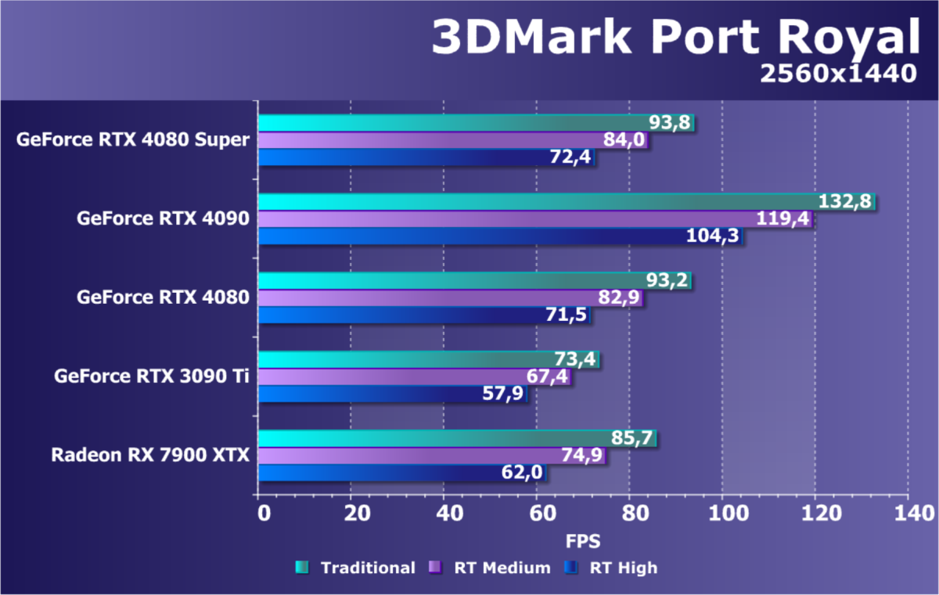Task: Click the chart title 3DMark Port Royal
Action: coord(675,37)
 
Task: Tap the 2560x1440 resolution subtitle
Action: coord(836,73)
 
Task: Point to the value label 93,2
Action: coord(667,280)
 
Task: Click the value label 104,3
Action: coord(713,236)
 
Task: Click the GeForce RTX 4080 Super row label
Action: coord(132,140)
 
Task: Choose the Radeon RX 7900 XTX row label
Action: coord(150,455)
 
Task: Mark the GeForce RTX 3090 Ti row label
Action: coord(152,377)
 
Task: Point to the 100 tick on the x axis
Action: coord(721,514)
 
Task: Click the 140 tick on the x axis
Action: coord(908,514)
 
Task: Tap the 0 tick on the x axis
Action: coord(264,514)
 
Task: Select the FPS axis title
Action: coord(583,541)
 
